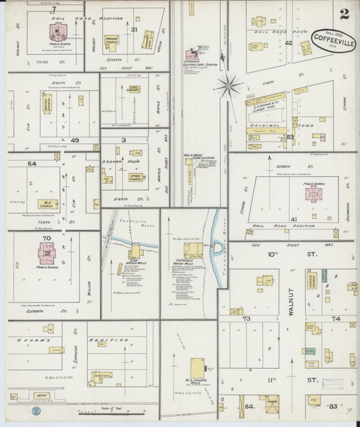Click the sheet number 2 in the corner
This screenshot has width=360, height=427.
pyautogui.click(x=344, y=13)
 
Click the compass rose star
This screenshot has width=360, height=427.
pyautogui.click(x=229, y=85)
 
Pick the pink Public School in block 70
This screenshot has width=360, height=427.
pyautogui.click(x=47, y=253)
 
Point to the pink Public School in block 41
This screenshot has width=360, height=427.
pyautogui.click(x=313, y=193)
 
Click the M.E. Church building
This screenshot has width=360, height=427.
pyautogui.click(x=47, y=203)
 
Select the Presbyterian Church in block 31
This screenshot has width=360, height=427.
pyautogui.click(x=111, y=41)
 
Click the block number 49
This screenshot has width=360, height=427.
pyautogui.click(x=74, y=140)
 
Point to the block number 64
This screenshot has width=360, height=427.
pyautogui.click(x=31, y=164)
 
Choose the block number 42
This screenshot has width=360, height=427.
pyautogui.click(x=288, y=43)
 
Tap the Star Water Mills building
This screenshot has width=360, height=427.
pyautogui.click(x=134, y=255)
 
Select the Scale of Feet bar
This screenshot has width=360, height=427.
pyautogui.click(x=98, y=411)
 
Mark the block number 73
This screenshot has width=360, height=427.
pyautogui.click(x=247, y=318)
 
